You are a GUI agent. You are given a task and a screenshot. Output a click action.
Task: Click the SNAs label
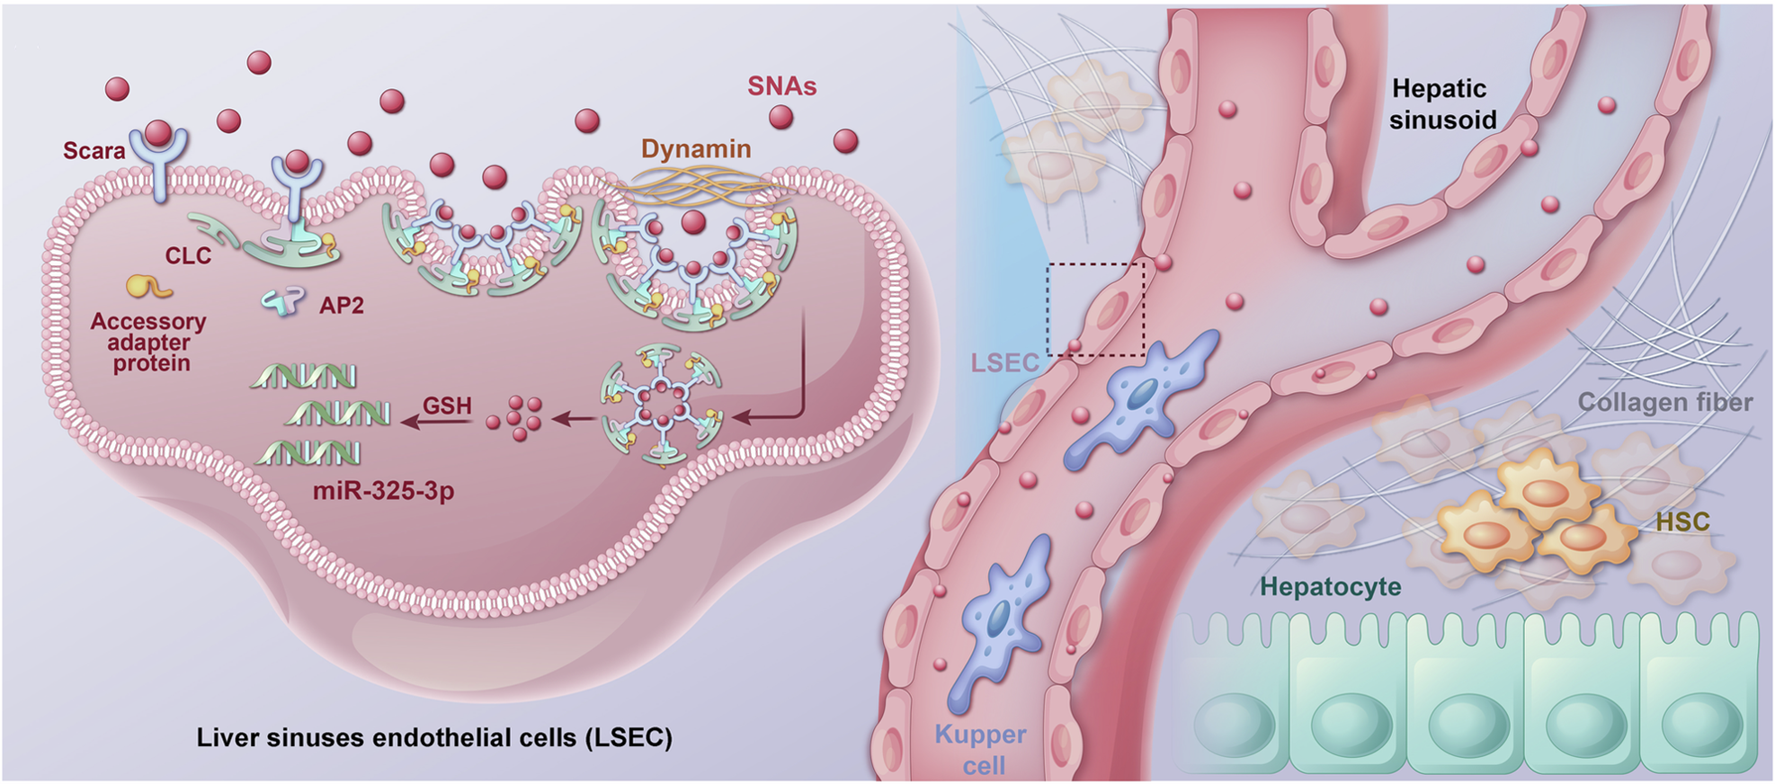(x=782, y=86)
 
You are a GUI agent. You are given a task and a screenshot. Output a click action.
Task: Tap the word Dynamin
(x=696, y=149)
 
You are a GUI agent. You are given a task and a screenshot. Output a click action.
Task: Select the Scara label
(x=94, y=150)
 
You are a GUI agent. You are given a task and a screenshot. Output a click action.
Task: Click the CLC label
(x=188, y=256)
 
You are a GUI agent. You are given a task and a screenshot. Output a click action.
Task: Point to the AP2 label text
(x=342, y=306)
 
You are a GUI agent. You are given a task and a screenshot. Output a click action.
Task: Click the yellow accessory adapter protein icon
(x=147, y=287)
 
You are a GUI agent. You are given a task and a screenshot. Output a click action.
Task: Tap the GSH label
(x=447, y=405)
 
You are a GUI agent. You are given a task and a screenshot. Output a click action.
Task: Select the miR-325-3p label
(x=383, y=491)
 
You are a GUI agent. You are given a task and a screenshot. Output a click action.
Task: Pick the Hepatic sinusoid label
(x=1441, y=103)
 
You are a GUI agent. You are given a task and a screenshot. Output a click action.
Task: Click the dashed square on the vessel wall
(x=1096, y=309)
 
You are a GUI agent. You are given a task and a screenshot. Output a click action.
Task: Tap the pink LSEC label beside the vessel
(x=1004, y=363)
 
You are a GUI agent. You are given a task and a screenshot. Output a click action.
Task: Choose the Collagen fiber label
(x=1664, y=402)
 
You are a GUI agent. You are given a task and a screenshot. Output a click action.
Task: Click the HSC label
(x=1682, y=521)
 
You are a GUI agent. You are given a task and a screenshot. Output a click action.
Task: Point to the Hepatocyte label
(x=1330, y=587)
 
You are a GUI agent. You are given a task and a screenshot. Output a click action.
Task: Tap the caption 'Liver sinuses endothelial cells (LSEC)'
(x=434, y=738)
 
